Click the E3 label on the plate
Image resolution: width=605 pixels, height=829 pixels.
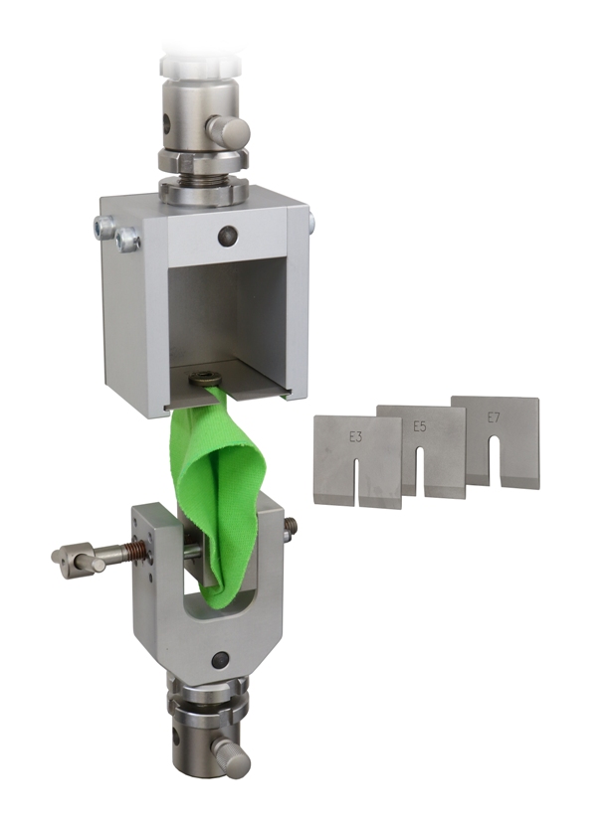pos(355,437)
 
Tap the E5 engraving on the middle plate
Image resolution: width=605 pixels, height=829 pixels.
pos(419,426)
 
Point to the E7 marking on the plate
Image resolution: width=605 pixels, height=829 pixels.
pos(494,417)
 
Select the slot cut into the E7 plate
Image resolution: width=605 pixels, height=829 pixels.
pos(495,460)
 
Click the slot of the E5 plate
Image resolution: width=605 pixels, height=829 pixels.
pos(420,471)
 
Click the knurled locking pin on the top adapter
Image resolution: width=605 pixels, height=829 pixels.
pos(228,128)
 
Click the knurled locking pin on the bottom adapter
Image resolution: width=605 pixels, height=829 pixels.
pos(231,758)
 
